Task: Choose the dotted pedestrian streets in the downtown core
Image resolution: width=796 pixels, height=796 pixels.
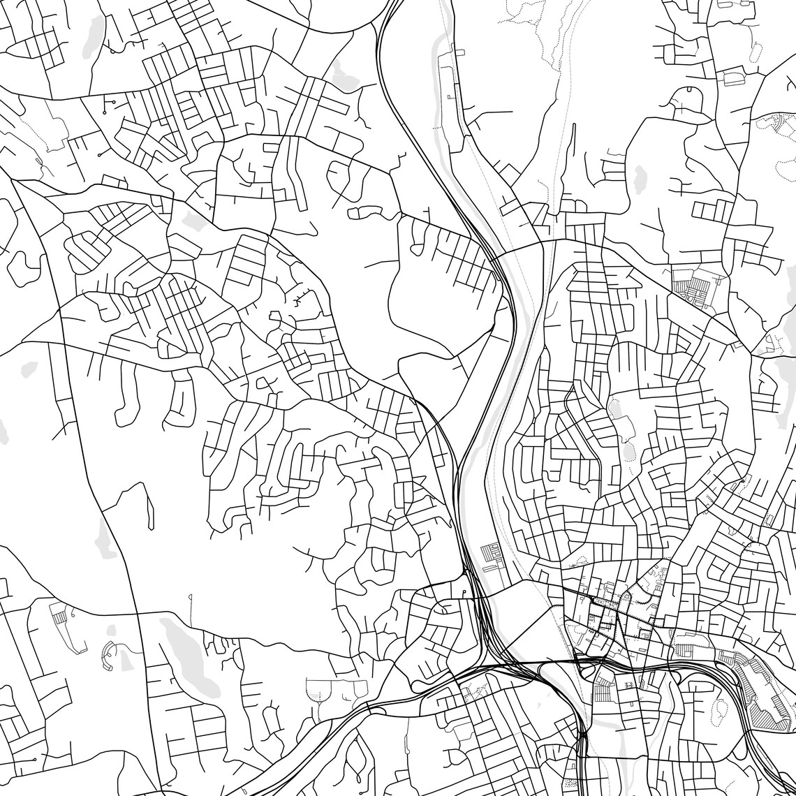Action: (x=614, y=614)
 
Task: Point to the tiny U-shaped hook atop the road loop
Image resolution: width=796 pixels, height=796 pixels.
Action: (x=688, y=89)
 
